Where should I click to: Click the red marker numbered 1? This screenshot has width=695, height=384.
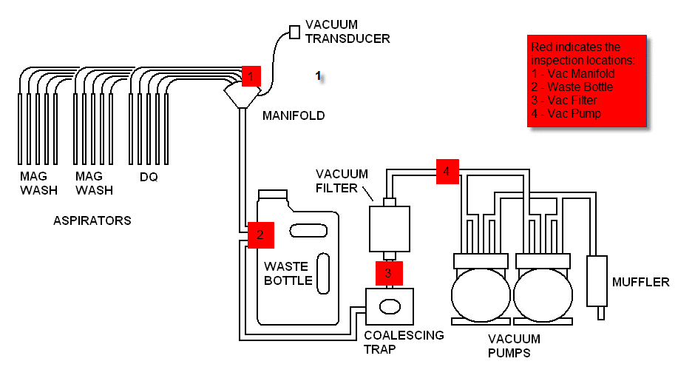251,76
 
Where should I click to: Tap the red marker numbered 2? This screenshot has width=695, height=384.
260,235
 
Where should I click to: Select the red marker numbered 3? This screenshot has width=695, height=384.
389,273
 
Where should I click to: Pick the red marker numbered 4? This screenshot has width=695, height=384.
447,171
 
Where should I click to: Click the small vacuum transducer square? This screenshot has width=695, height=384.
294,32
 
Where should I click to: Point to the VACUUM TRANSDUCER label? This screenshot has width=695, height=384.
347,32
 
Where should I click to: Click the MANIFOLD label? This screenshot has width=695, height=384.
294,115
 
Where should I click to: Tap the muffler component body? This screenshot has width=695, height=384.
597,281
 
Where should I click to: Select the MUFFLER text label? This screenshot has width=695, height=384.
640,282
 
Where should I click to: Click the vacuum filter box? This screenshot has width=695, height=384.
390,229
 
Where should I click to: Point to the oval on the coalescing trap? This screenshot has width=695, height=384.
390,306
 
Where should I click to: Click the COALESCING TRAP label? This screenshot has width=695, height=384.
404,342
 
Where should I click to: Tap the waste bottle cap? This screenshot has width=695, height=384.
273,195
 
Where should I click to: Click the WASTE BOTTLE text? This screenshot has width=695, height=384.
288,273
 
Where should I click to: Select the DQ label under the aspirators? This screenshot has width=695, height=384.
149,178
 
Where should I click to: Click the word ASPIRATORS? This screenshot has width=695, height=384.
92,220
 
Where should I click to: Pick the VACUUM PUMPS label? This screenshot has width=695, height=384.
514,346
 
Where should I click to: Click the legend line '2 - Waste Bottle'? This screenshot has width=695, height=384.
572,87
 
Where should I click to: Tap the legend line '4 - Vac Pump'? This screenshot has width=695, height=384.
566,113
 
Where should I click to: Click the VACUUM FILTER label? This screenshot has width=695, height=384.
342,181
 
